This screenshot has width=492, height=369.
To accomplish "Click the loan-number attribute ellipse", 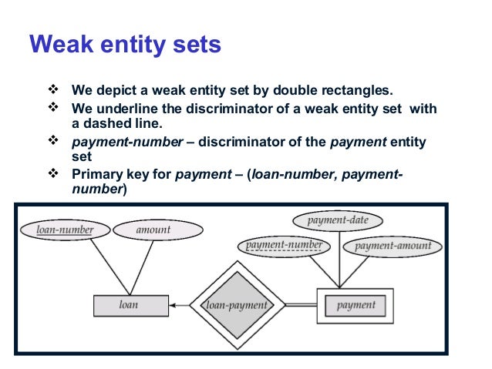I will [65, 230].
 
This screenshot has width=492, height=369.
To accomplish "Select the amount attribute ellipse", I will [158, 230].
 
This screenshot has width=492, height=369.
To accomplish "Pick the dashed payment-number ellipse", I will [283, 247].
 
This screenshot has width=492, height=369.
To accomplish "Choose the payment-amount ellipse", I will [393, 247].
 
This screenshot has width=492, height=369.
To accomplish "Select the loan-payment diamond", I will [236, 305].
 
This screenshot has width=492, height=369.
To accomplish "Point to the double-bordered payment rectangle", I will [356, 305].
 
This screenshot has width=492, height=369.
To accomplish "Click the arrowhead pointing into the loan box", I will [172, 305].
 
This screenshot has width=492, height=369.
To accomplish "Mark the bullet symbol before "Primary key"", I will [54, 174].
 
